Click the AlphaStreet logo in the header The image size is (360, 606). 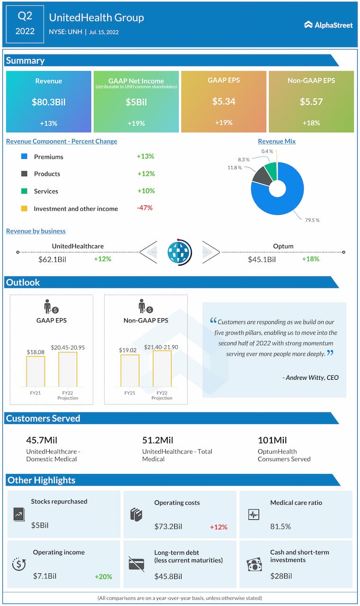point(328,25)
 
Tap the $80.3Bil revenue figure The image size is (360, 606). point(48,102)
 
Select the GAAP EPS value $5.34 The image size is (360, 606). point(224,101)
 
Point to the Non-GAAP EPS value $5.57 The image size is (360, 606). point(311,102)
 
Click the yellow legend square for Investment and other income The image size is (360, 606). point(24,208)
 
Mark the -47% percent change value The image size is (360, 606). point(145,208)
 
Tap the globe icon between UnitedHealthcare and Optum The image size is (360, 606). point(180,252)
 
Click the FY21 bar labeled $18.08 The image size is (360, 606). point(36,371)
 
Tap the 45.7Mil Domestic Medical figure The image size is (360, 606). point(42,440)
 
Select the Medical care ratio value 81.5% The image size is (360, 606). point(280,526)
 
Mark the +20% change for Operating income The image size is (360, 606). point(103,577)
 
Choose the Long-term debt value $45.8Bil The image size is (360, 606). point(168,577)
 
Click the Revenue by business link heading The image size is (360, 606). point(36,231)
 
